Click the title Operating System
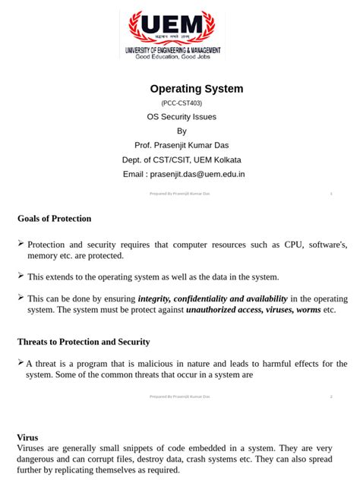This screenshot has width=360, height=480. click(x=197, y=89)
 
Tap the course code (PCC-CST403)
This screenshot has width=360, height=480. click(x=182, y=103)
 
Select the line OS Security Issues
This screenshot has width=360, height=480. click(x=182, y=117)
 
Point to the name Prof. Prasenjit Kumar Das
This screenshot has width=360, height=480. click(x=182, y=145)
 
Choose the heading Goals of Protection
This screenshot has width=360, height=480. click(x=54, y=219)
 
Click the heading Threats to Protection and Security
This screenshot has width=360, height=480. click(x=84, y=342)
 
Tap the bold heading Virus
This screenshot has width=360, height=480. click(x=27, y=437)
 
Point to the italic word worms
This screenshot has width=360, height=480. click(x=308, y=310)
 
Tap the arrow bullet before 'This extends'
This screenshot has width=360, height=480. click(x=21, y=276)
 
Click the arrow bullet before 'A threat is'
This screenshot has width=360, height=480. click(x=21, y=363)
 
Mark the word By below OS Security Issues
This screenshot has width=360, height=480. click(x=182, y=131)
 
